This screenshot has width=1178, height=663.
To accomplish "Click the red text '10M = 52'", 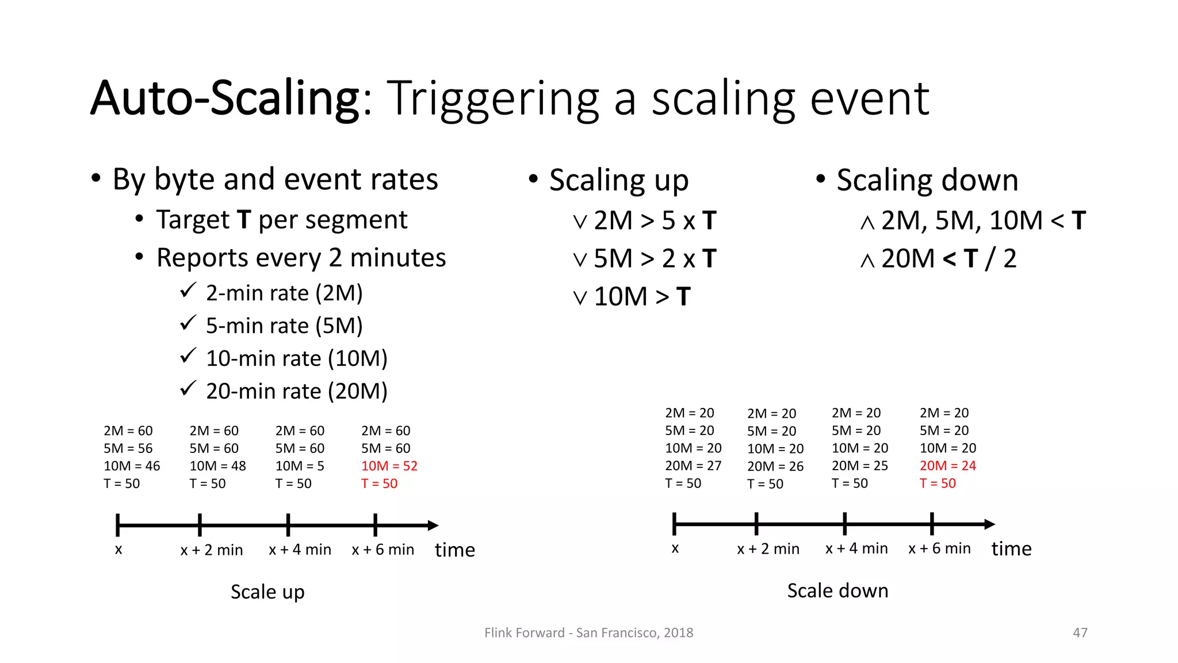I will coord(389,466).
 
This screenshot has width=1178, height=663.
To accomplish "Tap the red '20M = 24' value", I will coord(947,466).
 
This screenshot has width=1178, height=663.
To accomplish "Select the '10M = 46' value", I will coord(132,466).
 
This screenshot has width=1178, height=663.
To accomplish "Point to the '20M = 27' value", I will coord(693,466).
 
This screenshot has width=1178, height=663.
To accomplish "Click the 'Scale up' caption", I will coord(267,592).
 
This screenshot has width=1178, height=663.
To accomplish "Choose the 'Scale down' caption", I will coord(837,590).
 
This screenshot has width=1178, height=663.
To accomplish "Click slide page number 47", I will coord(1080,632).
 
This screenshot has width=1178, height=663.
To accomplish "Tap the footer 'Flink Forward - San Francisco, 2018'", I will coord(588,632).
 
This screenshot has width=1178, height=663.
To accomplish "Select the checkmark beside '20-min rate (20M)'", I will coord(188,388).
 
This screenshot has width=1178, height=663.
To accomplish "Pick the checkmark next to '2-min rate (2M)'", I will coord(188,290).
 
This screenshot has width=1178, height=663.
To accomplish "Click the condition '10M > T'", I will coord(641,296).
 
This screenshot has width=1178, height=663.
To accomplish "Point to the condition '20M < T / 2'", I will coord(948,258).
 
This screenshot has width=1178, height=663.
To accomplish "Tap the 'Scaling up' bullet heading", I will coord(618,180).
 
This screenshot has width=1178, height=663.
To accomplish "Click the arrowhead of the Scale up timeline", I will coord(433,525).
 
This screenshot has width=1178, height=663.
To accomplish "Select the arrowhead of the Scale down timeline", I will coord(989,524).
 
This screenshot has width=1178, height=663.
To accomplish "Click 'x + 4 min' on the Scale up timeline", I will coord(300,550).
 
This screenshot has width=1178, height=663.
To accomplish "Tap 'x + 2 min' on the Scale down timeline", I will coord(768,548).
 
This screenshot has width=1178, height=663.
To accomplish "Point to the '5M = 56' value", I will coord(128,448).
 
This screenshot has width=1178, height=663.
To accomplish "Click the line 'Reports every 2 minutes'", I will coord(301,258).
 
